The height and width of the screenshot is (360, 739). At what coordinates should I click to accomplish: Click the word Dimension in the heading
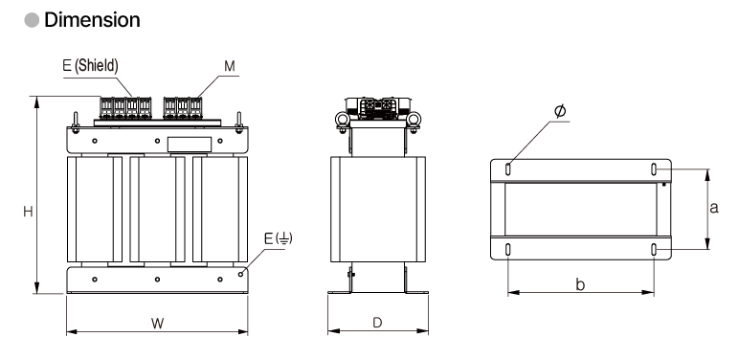(x=92, y=20)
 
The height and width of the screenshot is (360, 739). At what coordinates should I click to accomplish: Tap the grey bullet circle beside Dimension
(x=32, y=20)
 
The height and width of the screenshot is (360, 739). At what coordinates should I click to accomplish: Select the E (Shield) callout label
(x=90, y=65)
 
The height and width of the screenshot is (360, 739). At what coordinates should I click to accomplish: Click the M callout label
(x=230, y=66)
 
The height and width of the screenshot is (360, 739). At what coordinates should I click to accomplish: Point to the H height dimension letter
(x=28, y=212)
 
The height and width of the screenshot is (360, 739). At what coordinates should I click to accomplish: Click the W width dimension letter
(x=157, y=324)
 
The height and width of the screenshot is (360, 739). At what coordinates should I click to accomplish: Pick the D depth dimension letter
(x=377, y=323)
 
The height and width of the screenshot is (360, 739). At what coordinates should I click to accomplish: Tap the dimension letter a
(x=714, y=208)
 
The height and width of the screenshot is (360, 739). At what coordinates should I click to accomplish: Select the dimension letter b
(x=581, y=284)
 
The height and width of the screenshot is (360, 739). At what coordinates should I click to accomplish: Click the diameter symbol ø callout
(x=560, y=111)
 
